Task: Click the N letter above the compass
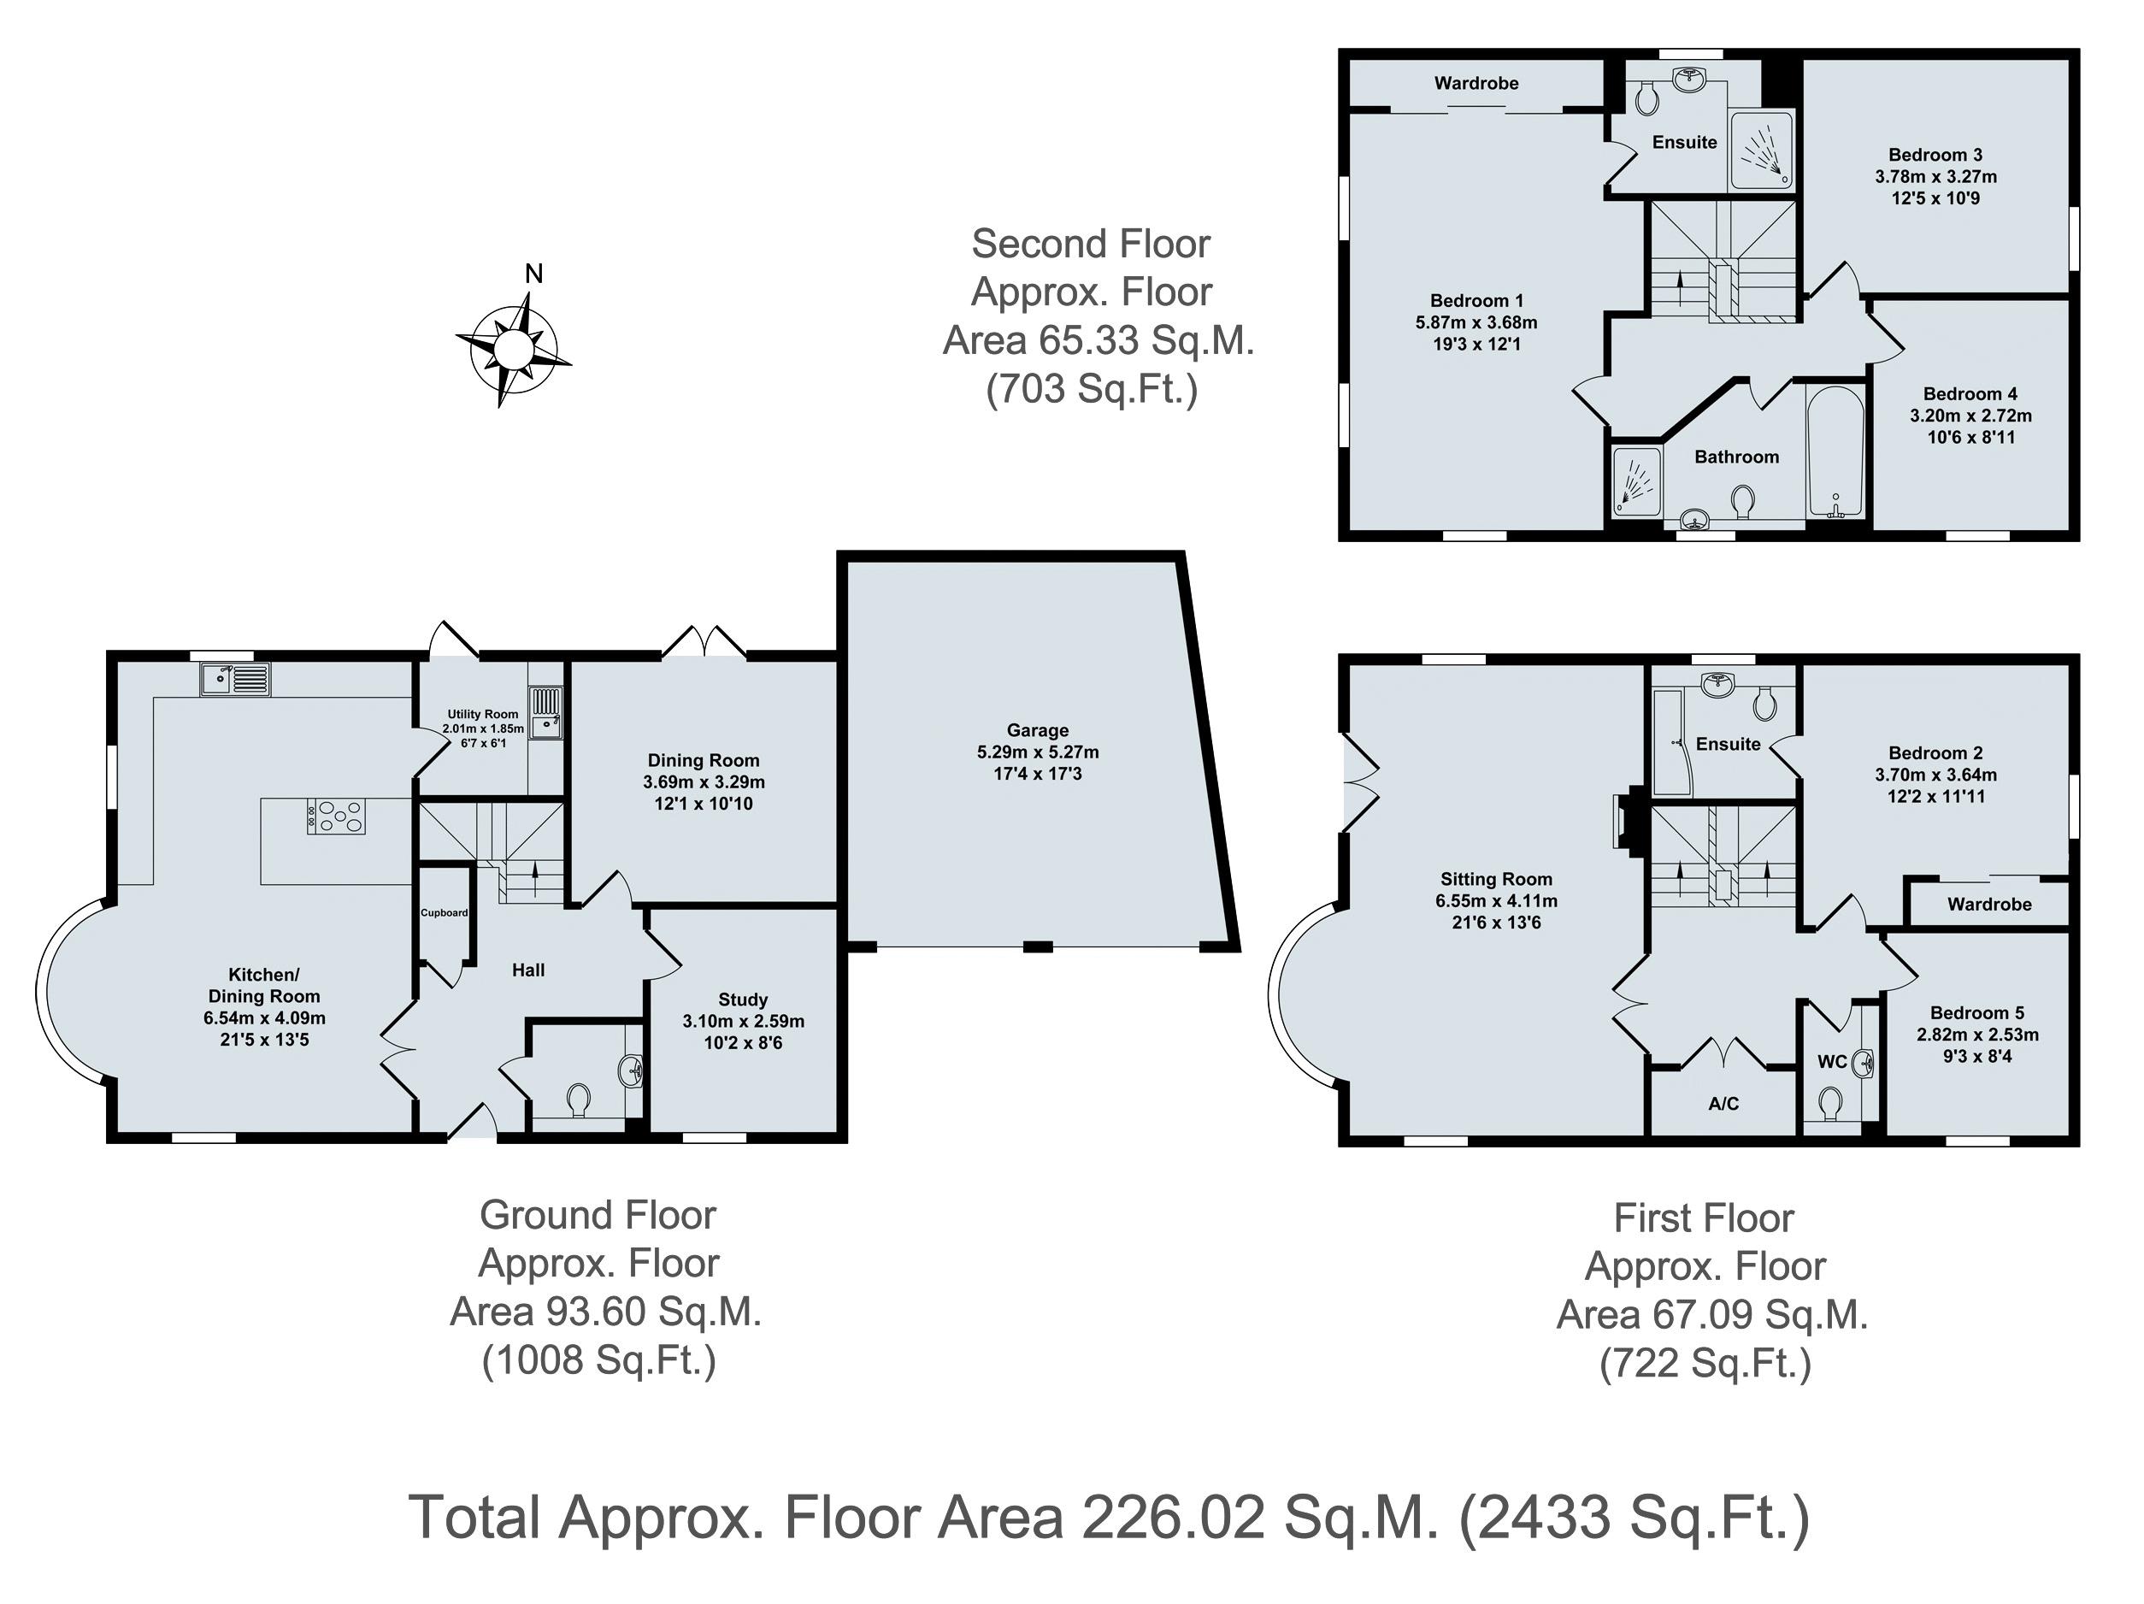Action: (533, 274)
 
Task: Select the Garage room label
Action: (1037, 731)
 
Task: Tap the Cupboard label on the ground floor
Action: (444, 913)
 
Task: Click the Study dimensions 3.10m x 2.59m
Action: (744, 1022)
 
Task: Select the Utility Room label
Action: (483, 714)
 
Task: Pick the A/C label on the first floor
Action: (1723, 1103)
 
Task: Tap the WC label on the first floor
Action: (1832, 1061)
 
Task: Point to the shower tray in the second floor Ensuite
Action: (1762, 150)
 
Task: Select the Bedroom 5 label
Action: (1977, 1013)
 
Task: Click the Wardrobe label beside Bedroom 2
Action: (1989, 905)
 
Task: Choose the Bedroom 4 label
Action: (1970, 393)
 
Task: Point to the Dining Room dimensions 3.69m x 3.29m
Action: (704, 782)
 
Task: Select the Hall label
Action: (528, 970)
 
